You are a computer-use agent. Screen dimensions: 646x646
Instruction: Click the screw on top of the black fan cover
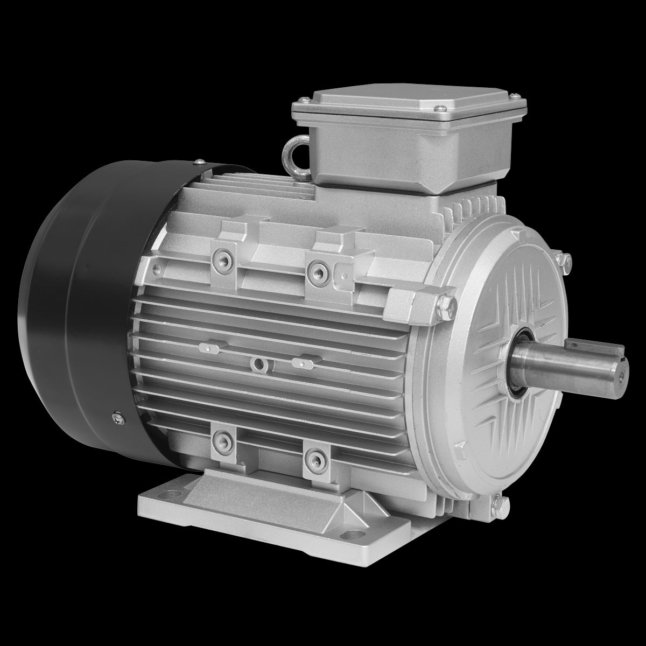(200, 160)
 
